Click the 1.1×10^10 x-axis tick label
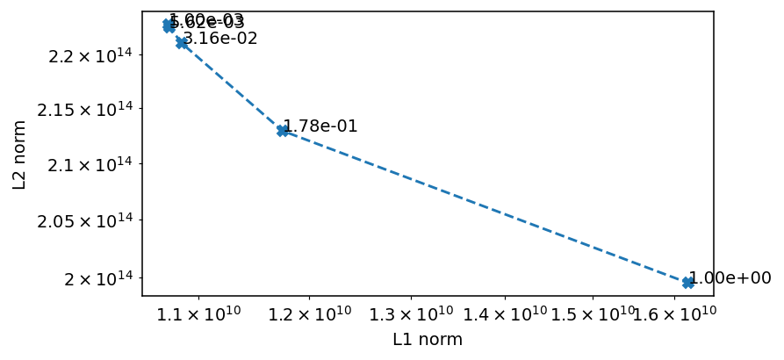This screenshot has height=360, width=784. (200, 314)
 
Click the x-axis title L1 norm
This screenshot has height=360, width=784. (428, 340)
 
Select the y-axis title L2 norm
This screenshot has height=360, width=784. (19, 155)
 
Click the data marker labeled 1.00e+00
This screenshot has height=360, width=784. (688, 282)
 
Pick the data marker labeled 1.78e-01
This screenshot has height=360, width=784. (283, 130)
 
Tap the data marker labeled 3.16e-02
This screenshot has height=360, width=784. (182, 42)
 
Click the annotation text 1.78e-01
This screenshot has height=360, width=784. (320, 126)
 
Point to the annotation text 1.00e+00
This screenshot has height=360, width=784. (730, 278)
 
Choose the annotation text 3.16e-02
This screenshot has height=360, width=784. (220, 39)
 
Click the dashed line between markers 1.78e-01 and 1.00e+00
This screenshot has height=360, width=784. (486, 206)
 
